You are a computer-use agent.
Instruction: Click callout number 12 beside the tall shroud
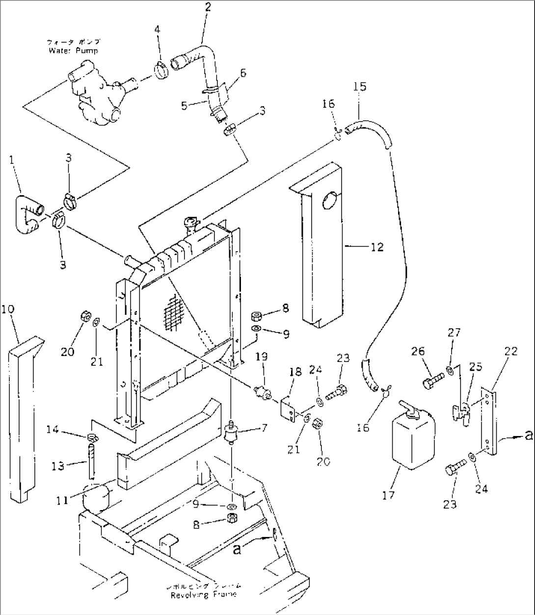click(x=377, y=247)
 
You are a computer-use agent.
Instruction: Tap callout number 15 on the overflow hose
click(x=360, y=87)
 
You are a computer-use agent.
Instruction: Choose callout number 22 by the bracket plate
click(x=510, y=351)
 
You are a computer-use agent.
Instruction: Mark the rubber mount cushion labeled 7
click(x=230, y=433)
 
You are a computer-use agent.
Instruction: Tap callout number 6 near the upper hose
click(x=242, y=74)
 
